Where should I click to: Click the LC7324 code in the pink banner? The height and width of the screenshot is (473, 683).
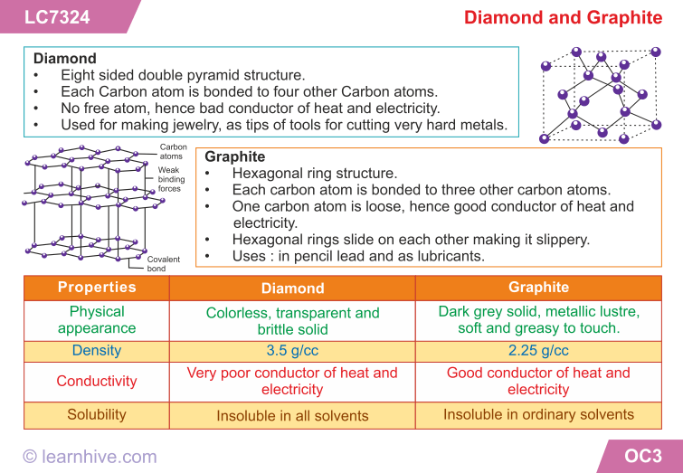coord(57,17)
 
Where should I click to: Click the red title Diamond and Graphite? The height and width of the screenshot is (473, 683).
coord(564,17)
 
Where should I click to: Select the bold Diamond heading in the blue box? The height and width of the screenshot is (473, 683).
coord(65,59)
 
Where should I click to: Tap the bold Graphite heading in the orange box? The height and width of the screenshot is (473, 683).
coord(235,156)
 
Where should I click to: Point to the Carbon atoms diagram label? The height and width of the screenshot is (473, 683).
coord(173,152)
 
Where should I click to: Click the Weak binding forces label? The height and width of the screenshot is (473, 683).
coord(171,179)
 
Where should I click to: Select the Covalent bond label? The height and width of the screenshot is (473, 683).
coord(164,264)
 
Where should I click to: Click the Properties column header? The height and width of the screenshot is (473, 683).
coord(97,287)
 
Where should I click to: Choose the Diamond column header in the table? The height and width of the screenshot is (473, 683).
coord(293,288)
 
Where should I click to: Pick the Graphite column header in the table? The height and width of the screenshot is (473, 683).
coord(539,287)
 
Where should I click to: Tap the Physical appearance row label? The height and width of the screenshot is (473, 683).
coord(97,319)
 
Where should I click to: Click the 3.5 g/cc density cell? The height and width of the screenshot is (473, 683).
coord(293,351)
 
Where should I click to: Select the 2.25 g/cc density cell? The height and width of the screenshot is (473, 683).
coord(539,351)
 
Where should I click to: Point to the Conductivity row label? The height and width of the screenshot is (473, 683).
coord(97,381)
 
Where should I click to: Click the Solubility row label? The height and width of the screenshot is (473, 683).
coord(97,414)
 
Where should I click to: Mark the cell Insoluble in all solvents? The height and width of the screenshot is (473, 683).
coord(293,415)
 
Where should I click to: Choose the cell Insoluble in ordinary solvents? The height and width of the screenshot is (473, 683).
coord(539,414)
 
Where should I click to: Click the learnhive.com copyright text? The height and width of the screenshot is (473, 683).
coord(90,457)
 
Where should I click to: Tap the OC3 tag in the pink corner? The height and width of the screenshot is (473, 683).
coord(643,456)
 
